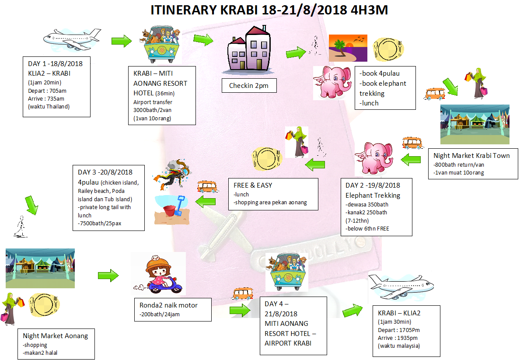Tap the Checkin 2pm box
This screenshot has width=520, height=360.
249,86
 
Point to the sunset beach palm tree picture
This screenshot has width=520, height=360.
348,48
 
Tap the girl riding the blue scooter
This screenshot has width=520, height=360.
158,274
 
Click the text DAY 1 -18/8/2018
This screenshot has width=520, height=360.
56,64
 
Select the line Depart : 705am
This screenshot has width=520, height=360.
47,91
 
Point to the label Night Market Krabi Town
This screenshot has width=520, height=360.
471,156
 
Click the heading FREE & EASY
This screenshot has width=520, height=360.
253,185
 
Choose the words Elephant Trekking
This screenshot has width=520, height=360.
373,196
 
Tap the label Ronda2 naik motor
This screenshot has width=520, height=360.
168,305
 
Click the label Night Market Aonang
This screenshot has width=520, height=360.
56,336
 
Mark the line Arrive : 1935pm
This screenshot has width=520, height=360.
398,338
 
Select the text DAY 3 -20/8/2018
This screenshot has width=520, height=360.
105,172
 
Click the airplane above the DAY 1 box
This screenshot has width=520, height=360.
72,39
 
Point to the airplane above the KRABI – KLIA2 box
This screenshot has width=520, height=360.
401,287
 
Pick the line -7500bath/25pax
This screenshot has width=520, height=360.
99,223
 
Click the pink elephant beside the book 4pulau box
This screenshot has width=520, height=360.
332,82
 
